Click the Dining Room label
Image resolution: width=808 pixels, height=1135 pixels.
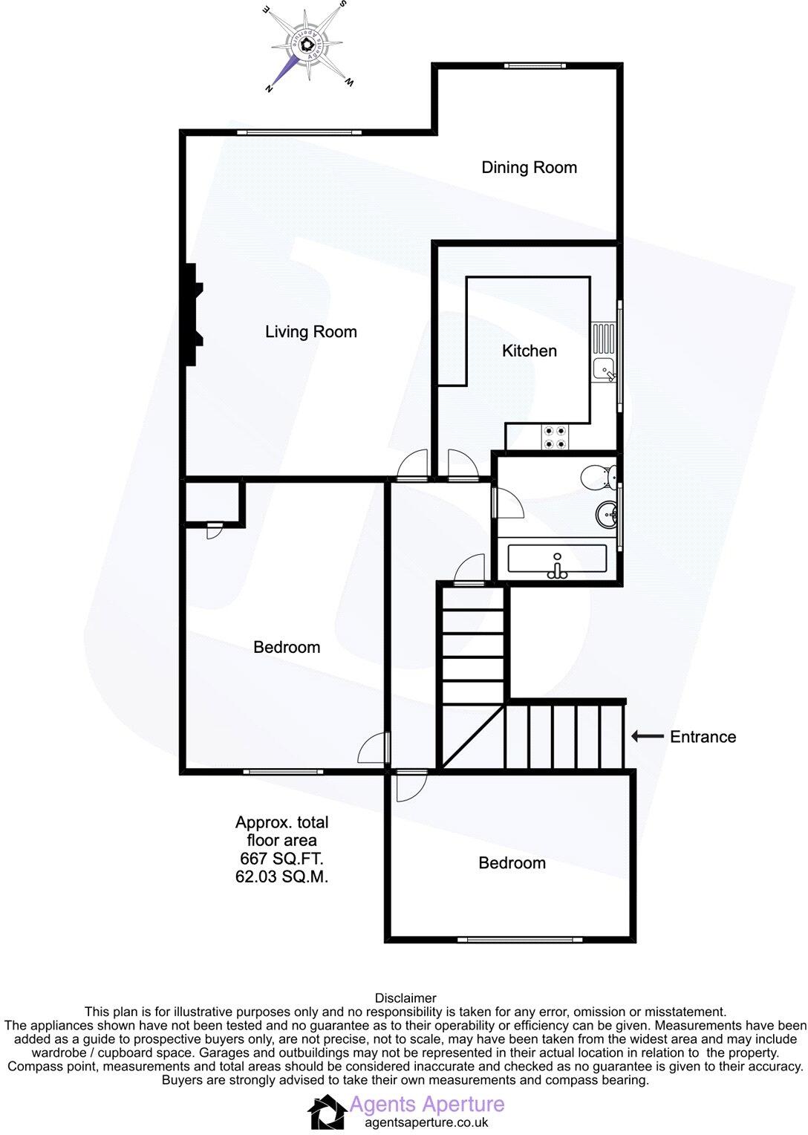pos(529,167)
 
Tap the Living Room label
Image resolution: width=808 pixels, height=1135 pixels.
pos(310,332)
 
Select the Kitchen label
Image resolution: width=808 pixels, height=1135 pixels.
pos(529,351)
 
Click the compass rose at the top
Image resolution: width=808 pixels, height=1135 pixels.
pos(306,46)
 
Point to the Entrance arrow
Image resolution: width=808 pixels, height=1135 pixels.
pos(647,736)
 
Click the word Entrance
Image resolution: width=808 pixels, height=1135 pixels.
pos(703,737)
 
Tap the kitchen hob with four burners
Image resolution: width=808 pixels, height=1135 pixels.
pos(554,437)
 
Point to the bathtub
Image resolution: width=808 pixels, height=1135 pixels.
pos(557,559)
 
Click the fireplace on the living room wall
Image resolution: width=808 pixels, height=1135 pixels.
pos(194,314)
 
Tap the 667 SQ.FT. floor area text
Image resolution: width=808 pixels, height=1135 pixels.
pos(281,859)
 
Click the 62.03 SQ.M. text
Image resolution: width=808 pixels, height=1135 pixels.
pos(281,877)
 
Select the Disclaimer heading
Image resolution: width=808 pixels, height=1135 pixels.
pos(405,998)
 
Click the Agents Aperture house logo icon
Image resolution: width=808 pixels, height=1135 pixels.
pos(326,1111)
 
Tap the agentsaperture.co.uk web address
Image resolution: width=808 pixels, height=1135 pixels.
pos(426,1123)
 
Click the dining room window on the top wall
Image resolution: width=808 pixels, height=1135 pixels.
pos(535,66)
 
